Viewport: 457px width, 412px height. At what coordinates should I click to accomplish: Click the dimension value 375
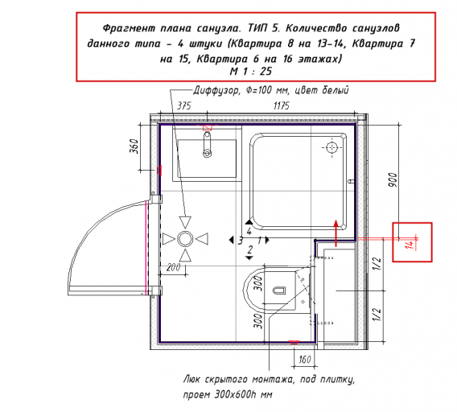click(x=184, y=105)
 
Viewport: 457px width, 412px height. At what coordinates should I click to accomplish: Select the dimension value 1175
click(x=282, y=105)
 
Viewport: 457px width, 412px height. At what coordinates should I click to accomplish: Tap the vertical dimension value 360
click(x=134, y=146)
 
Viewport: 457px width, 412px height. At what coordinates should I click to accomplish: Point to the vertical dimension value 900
click(x=393, y=180)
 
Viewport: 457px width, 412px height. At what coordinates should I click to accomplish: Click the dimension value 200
click(x=174, y=267)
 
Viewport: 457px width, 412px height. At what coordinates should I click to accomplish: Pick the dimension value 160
click(x=305, y=359)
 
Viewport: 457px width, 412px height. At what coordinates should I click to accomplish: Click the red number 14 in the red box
click(x=410, y=244)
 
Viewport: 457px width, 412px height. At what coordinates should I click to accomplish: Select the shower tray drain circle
click(x=331, y=147)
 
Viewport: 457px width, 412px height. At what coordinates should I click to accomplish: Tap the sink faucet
click(x=208, y=144)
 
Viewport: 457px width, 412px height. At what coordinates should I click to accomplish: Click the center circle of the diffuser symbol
click(x=185, y=239)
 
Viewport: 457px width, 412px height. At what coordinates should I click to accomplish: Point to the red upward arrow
click(x=336, y=233)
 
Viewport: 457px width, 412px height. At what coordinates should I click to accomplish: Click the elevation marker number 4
click(x=249, y=231)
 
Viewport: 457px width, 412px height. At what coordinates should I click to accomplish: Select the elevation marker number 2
click(x=249, y=249)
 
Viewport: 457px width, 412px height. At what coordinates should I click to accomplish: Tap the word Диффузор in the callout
click(x=216, y=90)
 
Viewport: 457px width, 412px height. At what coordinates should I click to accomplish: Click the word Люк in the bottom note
click(x=192, y=379)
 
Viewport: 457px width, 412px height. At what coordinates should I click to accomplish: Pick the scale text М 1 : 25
click(x=251, y=71)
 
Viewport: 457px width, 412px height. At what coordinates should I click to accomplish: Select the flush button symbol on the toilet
click(x=279, y=290)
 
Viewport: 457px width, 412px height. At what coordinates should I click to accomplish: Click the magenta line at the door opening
click(x=146, y=248)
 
